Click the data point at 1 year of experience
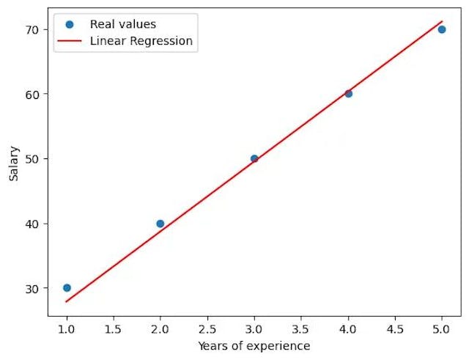67,287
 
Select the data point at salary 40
160,223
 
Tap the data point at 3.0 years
254,158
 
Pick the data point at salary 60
348,94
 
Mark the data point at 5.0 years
441,29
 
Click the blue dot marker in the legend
70,24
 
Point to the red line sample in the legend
70,41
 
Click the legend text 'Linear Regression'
141,41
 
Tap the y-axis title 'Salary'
14,163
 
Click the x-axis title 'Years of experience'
254,346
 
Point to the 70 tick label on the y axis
34,29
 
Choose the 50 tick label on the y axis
34,158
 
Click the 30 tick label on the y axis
34,288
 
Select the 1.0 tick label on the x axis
67,328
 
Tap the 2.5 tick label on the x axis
207,328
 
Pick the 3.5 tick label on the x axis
301,328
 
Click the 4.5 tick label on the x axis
395,328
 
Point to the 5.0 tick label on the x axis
441,328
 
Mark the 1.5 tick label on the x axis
114,328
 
